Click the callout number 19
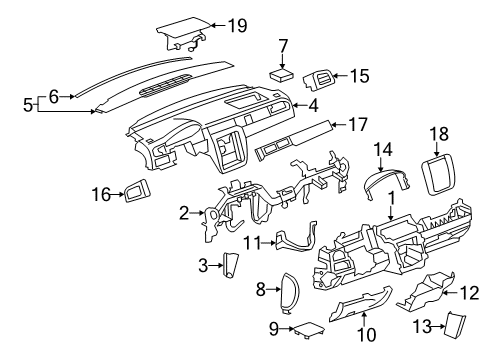(236, 25)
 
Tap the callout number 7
(283, 45)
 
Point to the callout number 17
(358, 125)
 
